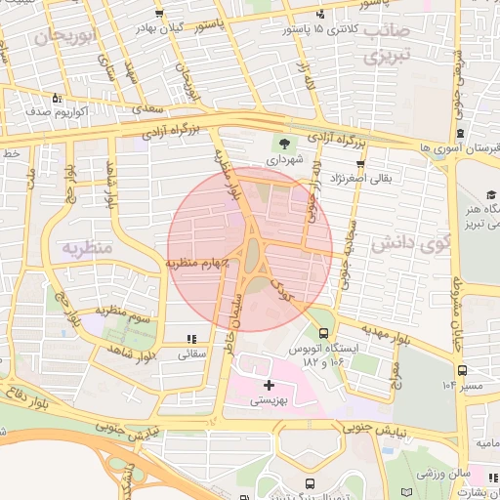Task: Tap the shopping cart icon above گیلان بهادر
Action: pos(159,15)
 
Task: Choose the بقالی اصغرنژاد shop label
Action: pos(363,179)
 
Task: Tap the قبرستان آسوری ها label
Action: pos(458,147)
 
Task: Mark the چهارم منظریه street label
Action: pos(195,263)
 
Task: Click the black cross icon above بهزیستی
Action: pos(270,386)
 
